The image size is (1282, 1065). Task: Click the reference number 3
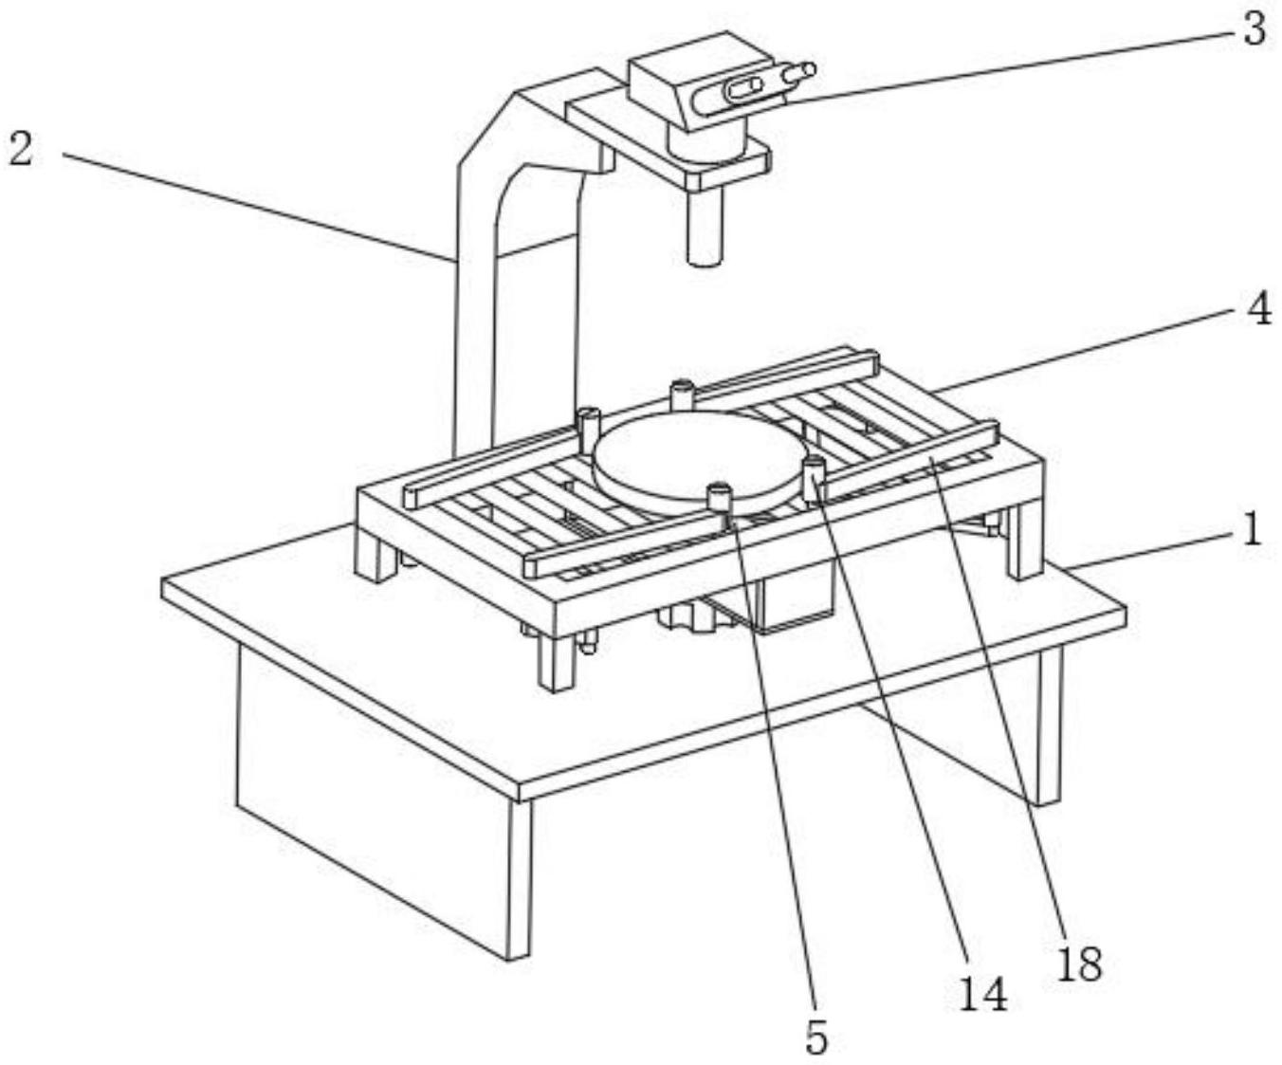(1253, 29)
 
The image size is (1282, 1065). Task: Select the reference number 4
(1257, 309)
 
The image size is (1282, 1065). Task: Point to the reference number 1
(1252, 529)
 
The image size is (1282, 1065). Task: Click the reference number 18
(1079, 964)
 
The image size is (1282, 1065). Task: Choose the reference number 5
(815, 1037)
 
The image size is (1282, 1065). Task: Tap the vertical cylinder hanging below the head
(705, 228)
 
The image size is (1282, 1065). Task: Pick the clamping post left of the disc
(588, 422)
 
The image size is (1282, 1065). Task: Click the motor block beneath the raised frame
(792, 597)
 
